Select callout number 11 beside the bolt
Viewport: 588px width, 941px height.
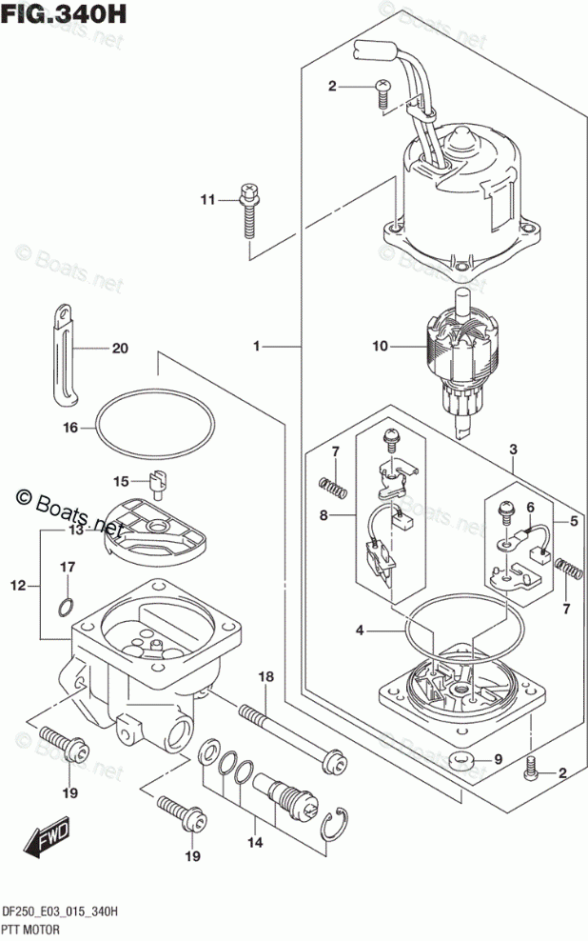pos(208,199)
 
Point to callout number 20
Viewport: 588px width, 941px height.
pos(119,349)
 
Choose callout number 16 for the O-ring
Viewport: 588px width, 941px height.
pos(69,429)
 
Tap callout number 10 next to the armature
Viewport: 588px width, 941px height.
pos(380,346)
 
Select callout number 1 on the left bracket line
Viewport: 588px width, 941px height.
pos(256,349)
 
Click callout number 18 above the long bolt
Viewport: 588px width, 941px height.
pos(266,677)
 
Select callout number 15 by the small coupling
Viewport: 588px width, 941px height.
pos(121,480)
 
